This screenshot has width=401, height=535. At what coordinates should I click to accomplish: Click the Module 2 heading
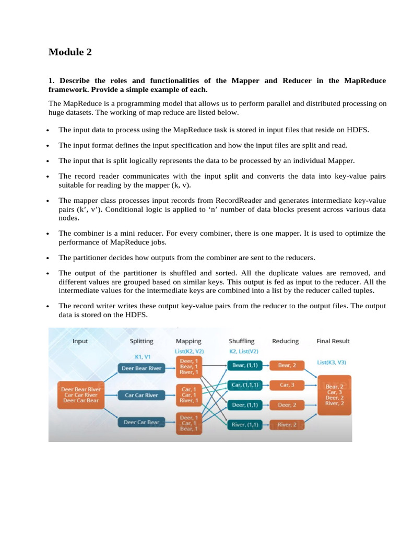[x=70, y=52]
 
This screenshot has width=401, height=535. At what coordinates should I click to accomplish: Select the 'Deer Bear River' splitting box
[x=141, y=368]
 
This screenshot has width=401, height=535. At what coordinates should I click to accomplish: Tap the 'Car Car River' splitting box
[x=141, y=395]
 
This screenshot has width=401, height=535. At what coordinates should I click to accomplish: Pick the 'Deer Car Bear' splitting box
[x=141, y=422]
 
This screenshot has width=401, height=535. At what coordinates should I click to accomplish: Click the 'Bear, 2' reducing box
[x=288, y=365]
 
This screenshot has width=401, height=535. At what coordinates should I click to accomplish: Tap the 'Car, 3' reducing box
[x=288, y=385]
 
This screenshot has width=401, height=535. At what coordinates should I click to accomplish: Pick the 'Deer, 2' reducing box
[x=288, y=405]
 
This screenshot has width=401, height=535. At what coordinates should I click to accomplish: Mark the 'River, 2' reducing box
[x=288, y=425]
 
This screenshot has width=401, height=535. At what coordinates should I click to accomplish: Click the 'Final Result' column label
[x=333, y=341]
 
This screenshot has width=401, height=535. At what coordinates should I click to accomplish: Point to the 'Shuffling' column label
[x=241, y=341]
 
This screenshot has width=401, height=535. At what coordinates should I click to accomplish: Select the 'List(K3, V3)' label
[x=332, y=362]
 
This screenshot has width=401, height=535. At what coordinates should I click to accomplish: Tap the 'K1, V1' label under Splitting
[x=142, y=357]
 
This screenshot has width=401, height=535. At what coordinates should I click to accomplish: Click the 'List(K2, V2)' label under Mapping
[x=189, y=351]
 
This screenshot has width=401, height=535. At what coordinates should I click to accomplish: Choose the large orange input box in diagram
[x=81, y=395]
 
